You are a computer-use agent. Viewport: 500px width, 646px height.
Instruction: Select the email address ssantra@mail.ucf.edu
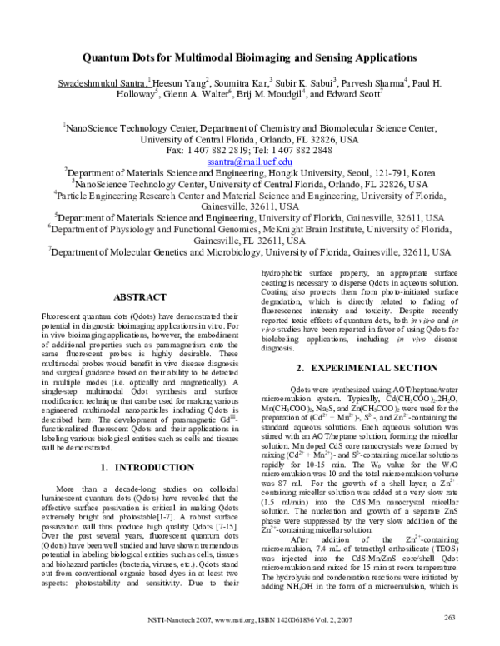250,161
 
